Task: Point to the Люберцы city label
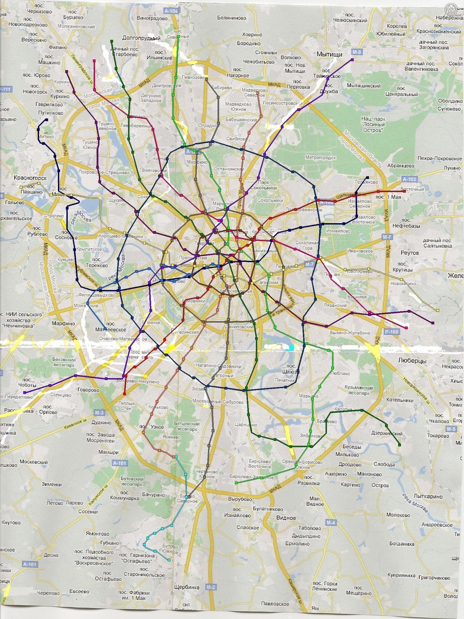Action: tap(412, 361)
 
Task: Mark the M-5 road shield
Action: tap(451, 429)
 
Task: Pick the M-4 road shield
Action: tap(331, 524)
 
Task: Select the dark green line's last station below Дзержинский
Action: tap(400, 445)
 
